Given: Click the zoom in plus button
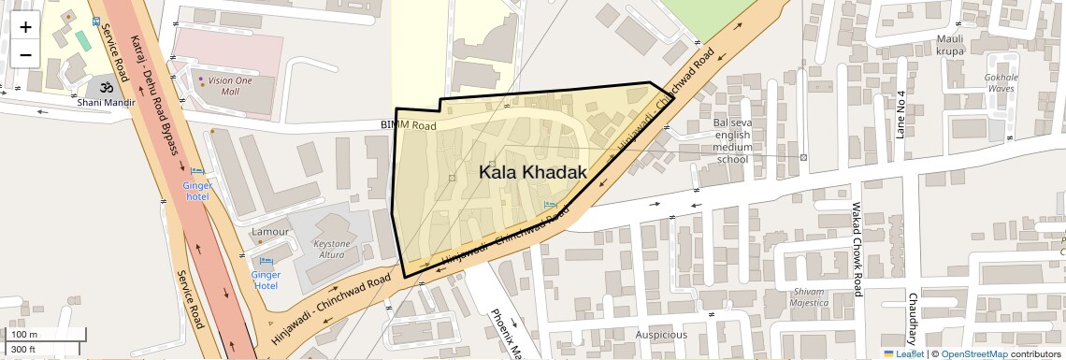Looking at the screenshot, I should [25, 27].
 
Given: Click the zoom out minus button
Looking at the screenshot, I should [25, 54].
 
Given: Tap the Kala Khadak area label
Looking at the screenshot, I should [532, 172].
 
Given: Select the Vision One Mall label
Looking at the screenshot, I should [230, 86].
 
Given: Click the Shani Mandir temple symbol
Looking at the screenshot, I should [107, 86].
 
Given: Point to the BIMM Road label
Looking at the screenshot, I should [409, 125].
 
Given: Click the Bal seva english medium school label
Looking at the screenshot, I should [731, 140].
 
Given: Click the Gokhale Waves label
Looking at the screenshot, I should [1001, 83].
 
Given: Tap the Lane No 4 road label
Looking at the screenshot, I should [901, 115].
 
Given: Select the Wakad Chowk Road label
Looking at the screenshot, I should [855, 248].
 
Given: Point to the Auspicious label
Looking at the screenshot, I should [661, 335].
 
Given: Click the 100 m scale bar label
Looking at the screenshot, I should [24, 334].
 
